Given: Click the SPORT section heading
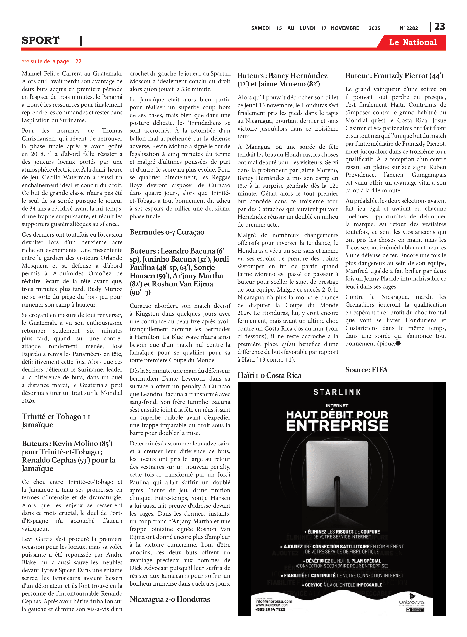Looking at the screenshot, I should point(40,40).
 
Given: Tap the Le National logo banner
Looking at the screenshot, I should point(412,42).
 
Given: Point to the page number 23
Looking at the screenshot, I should point(440,27).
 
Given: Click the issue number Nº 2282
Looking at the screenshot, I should point(409,28).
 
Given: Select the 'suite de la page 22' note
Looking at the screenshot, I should point(51,61).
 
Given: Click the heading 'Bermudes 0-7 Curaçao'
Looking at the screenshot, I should point(167,232).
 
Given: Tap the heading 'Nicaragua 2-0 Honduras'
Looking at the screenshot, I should point(170,599).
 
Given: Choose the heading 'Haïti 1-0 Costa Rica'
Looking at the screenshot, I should point(269,375).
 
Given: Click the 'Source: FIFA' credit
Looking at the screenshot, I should point(366,370).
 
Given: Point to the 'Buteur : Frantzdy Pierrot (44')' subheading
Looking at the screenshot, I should point(394,76).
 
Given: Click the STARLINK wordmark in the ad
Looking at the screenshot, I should point(337,392).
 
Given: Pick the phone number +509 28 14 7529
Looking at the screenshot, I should point(270,609).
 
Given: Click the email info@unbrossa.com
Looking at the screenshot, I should point(273,601).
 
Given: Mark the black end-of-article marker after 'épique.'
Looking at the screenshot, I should point(398,344).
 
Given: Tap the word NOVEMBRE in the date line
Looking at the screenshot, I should point(345,28).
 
